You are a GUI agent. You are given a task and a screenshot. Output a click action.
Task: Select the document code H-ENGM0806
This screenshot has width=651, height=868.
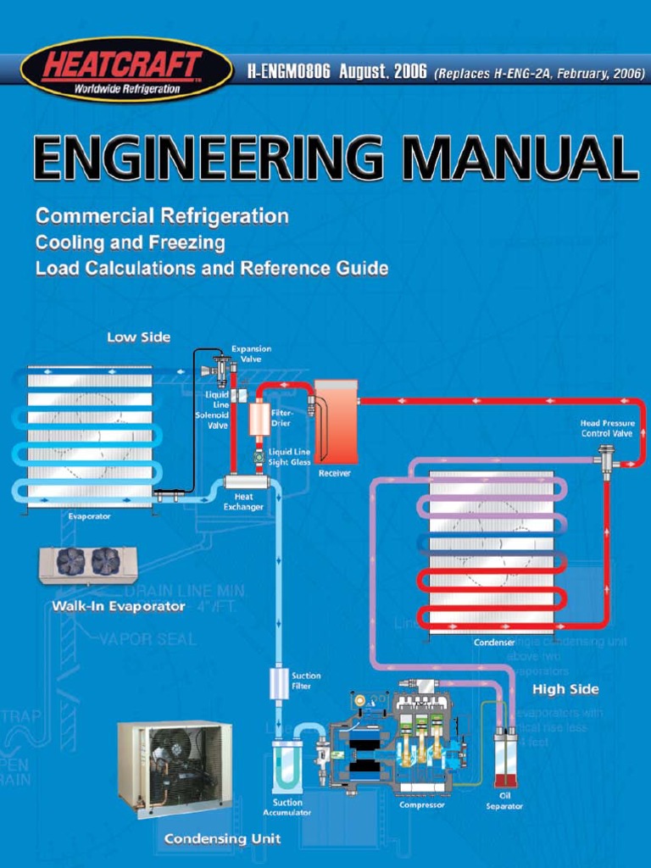288,73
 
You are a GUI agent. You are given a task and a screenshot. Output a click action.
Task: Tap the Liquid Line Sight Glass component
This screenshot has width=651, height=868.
259,457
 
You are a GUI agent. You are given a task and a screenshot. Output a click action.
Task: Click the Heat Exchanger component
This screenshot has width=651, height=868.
246,481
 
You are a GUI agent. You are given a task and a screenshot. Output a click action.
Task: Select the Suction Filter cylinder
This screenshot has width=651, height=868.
279,683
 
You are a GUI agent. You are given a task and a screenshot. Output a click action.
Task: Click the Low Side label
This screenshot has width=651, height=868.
138,337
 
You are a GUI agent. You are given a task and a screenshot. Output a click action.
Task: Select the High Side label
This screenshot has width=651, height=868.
565,688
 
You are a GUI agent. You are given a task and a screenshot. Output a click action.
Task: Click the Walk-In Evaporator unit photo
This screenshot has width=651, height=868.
88,563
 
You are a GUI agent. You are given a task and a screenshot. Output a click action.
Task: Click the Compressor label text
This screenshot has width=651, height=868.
422,804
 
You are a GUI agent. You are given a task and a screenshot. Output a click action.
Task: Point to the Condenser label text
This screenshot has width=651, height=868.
494,642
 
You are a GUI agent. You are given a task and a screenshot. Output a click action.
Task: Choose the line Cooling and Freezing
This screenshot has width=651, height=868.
130,242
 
